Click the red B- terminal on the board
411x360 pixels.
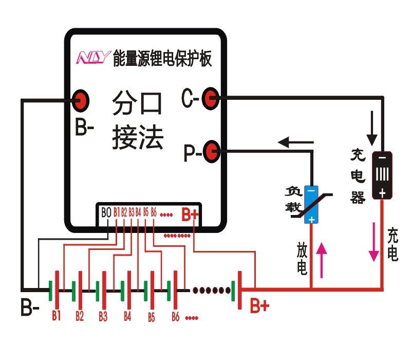81,100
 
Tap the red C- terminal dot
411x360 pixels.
210,98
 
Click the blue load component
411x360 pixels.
311,204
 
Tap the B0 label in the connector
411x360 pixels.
106,212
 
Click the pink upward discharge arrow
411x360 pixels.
322,260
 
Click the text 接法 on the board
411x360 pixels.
138,138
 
